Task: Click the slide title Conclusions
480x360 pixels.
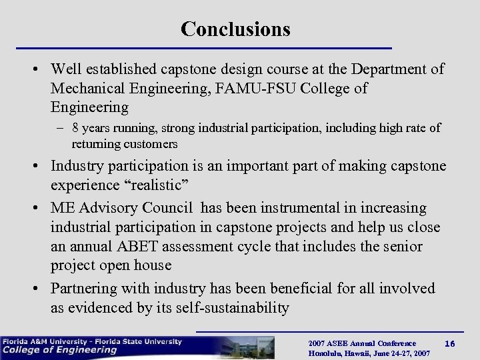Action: coord(235,29)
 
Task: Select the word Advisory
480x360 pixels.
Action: coord(113,209)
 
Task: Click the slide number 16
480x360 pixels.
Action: coord(450,343)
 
